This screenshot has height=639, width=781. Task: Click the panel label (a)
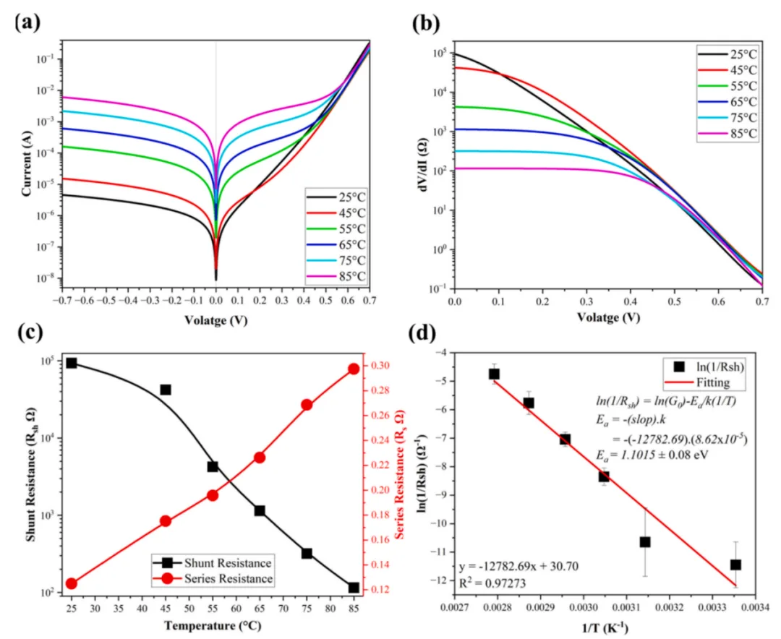point(28,22)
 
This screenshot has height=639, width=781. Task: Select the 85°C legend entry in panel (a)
point(336,276)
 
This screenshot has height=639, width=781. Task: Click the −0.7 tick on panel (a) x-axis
point(61,301)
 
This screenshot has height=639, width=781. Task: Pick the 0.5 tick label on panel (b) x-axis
point(675,301)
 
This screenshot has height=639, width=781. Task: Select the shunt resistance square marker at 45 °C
point(166,390)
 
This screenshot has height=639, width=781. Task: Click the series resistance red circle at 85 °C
point(354,369)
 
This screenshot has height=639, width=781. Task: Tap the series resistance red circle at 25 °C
point(71,584)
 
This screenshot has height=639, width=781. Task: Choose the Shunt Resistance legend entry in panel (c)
point(213,563)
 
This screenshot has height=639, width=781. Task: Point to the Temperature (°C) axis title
point(213,625)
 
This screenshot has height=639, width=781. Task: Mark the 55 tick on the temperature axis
point(213,608)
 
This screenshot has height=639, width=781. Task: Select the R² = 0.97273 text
point(492,583)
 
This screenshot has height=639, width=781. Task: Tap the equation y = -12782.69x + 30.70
point(518,566)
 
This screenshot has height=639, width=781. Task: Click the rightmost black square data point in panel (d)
point(735,565)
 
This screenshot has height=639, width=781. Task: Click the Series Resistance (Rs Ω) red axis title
point(399,475)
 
